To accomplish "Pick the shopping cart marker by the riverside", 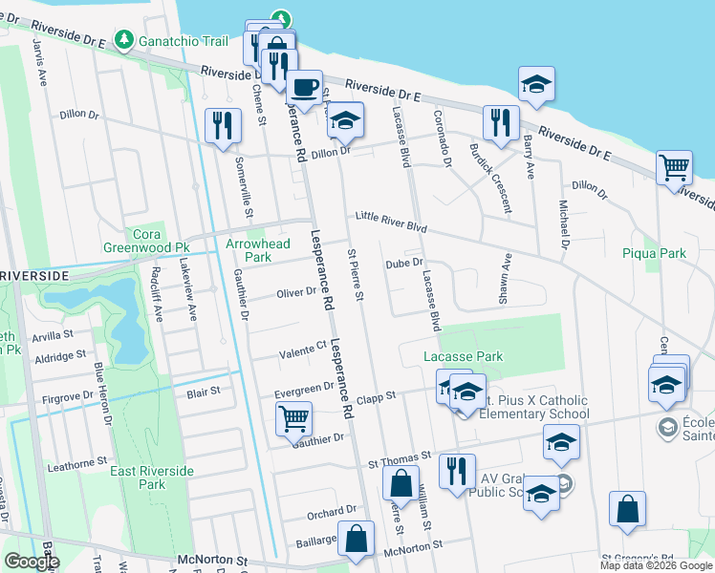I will click(675, 168).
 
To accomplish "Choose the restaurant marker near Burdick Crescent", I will click(501, 122).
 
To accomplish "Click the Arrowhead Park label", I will click(257, 250).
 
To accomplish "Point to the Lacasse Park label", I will click(463, 356).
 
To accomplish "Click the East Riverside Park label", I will click(151, 477).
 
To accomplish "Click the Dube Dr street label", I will click(403, 264).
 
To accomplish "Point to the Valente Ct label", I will click(303, 351).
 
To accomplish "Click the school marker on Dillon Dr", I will click(345, 120).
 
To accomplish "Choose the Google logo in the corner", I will click(32, 562).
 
